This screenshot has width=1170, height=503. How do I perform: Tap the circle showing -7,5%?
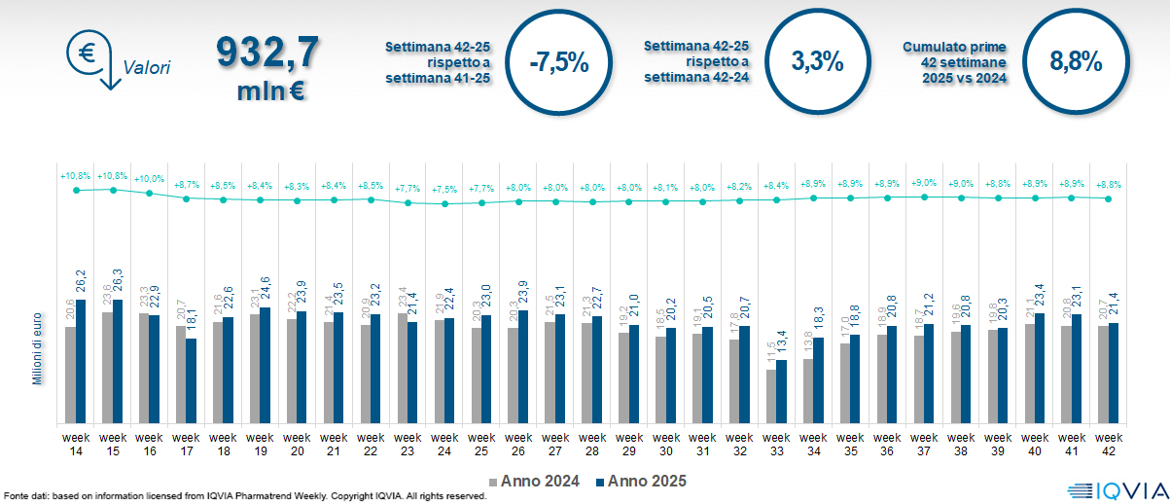559,62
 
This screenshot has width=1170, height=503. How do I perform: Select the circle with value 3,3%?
817,61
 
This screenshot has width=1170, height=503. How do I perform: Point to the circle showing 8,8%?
1076,61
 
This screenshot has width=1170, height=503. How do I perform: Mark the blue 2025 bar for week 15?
119,361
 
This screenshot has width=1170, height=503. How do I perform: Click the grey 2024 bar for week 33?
770,396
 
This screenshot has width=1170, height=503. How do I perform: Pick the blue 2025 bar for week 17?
192,380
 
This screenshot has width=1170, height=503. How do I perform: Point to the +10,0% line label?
149,179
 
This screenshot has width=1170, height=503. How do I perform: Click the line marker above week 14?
76,191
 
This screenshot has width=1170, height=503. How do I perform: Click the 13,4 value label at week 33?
781,346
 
